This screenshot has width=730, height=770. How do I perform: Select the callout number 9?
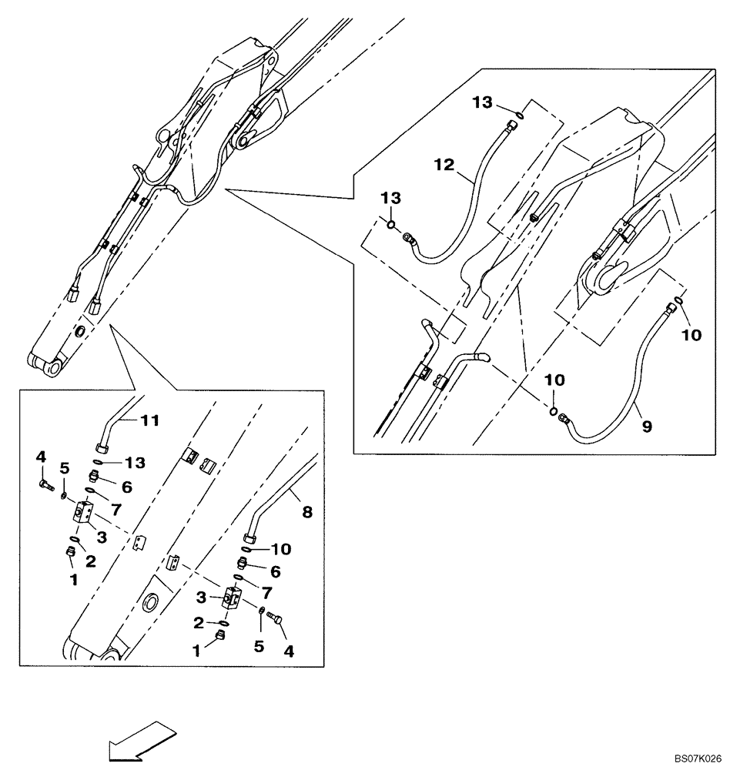[x=645, y=423]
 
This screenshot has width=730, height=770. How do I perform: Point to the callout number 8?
[x=307, y=511]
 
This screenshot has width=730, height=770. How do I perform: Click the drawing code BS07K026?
[x=698, y=758]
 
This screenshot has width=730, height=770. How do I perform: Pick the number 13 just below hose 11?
[x=135, y=462]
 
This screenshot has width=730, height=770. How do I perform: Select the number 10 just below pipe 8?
[x=283, y=549]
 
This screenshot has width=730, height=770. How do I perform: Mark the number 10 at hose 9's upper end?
[x=691, y=336]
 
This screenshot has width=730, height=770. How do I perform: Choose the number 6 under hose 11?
[x=127, y=487]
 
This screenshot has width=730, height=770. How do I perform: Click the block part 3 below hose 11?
[x=85, y=512]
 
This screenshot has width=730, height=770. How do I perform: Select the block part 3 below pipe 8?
[x=233, y=598]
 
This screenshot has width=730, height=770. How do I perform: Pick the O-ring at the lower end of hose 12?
[x=391, y=225]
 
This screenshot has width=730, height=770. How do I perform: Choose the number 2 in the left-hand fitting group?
[x=90, y=561]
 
